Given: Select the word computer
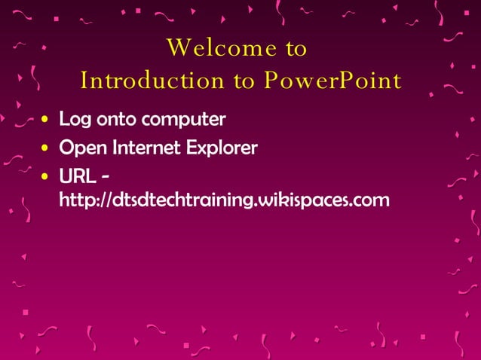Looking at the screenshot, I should (x=186, y=121).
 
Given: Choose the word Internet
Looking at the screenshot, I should (x=142, y=148).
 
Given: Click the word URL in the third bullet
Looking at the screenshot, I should (x=78, y=176).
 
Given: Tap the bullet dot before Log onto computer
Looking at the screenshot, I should (x=47, y=120).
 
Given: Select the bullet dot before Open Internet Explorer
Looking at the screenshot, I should (x=47, y=148).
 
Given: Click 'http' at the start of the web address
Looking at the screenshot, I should (x=77, y=200).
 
